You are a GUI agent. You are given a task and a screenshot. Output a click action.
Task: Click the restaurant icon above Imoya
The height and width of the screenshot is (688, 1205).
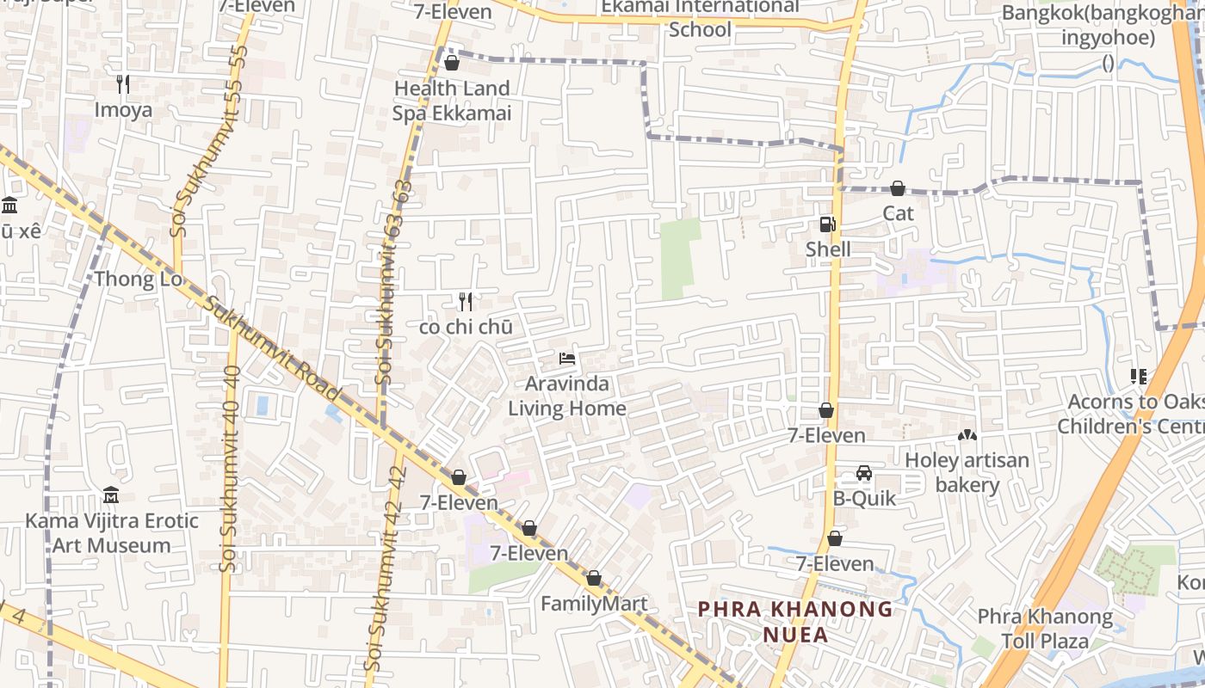pos(123,83)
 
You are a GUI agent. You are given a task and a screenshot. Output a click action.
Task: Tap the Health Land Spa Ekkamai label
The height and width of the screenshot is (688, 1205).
pos(452,101)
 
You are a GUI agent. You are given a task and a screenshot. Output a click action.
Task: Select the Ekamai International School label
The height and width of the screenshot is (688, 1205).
pos(700,18)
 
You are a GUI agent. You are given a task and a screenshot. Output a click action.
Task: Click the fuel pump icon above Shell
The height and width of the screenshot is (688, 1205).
pos(827,224)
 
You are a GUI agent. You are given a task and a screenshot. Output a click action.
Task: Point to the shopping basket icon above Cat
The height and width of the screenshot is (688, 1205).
pos(898,188)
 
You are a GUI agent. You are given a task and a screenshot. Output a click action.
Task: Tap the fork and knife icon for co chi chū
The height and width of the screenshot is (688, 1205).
pos(466,301)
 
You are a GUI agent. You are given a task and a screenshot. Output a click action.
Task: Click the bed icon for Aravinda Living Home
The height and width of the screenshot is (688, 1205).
pos(566,358)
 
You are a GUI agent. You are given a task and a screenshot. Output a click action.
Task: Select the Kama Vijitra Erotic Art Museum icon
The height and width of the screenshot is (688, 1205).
pos(111,495)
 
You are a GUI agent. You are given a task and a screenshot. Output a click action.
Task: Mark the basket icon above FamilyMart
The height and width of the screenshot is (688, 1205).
pos(593,579)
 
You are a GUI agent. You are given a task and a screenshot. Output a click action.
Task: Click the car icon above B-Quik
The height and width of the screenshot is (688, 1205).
pos(864,474)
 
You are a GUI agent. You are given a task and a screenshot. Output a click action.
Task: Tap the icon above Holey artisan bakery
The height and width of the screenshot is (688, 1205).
pos(967,436)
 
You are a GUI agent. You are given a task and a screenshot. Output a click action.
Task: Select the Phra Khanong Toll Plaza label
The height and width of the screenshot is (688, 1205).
pos(1045,629)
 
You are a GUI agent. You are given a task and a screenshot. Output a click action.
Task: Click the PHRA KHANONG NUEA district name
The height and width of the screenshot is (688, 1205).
pos(795,622)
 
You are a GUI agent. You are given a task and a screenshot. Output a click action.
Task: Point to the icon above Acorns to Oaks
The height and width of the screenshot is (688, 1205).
pos(1139,377)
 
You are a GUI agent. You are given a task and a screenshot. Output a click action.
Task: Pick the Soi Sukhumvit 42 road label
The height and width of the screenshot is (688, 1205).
pos(385,568)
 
